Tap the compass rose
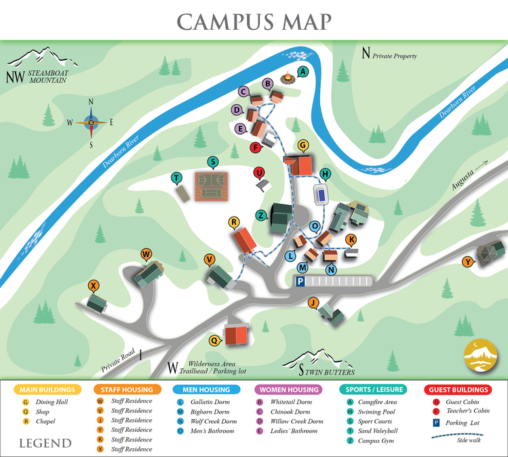91,123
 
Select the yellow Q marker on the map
214,341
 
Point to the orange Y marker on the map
467,262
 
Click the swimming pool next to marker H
320,194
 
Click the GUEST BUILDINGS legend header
459,390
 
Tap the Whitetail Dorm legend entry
294,402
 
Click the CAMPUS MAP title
254,21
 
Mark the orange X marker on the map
94,285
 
